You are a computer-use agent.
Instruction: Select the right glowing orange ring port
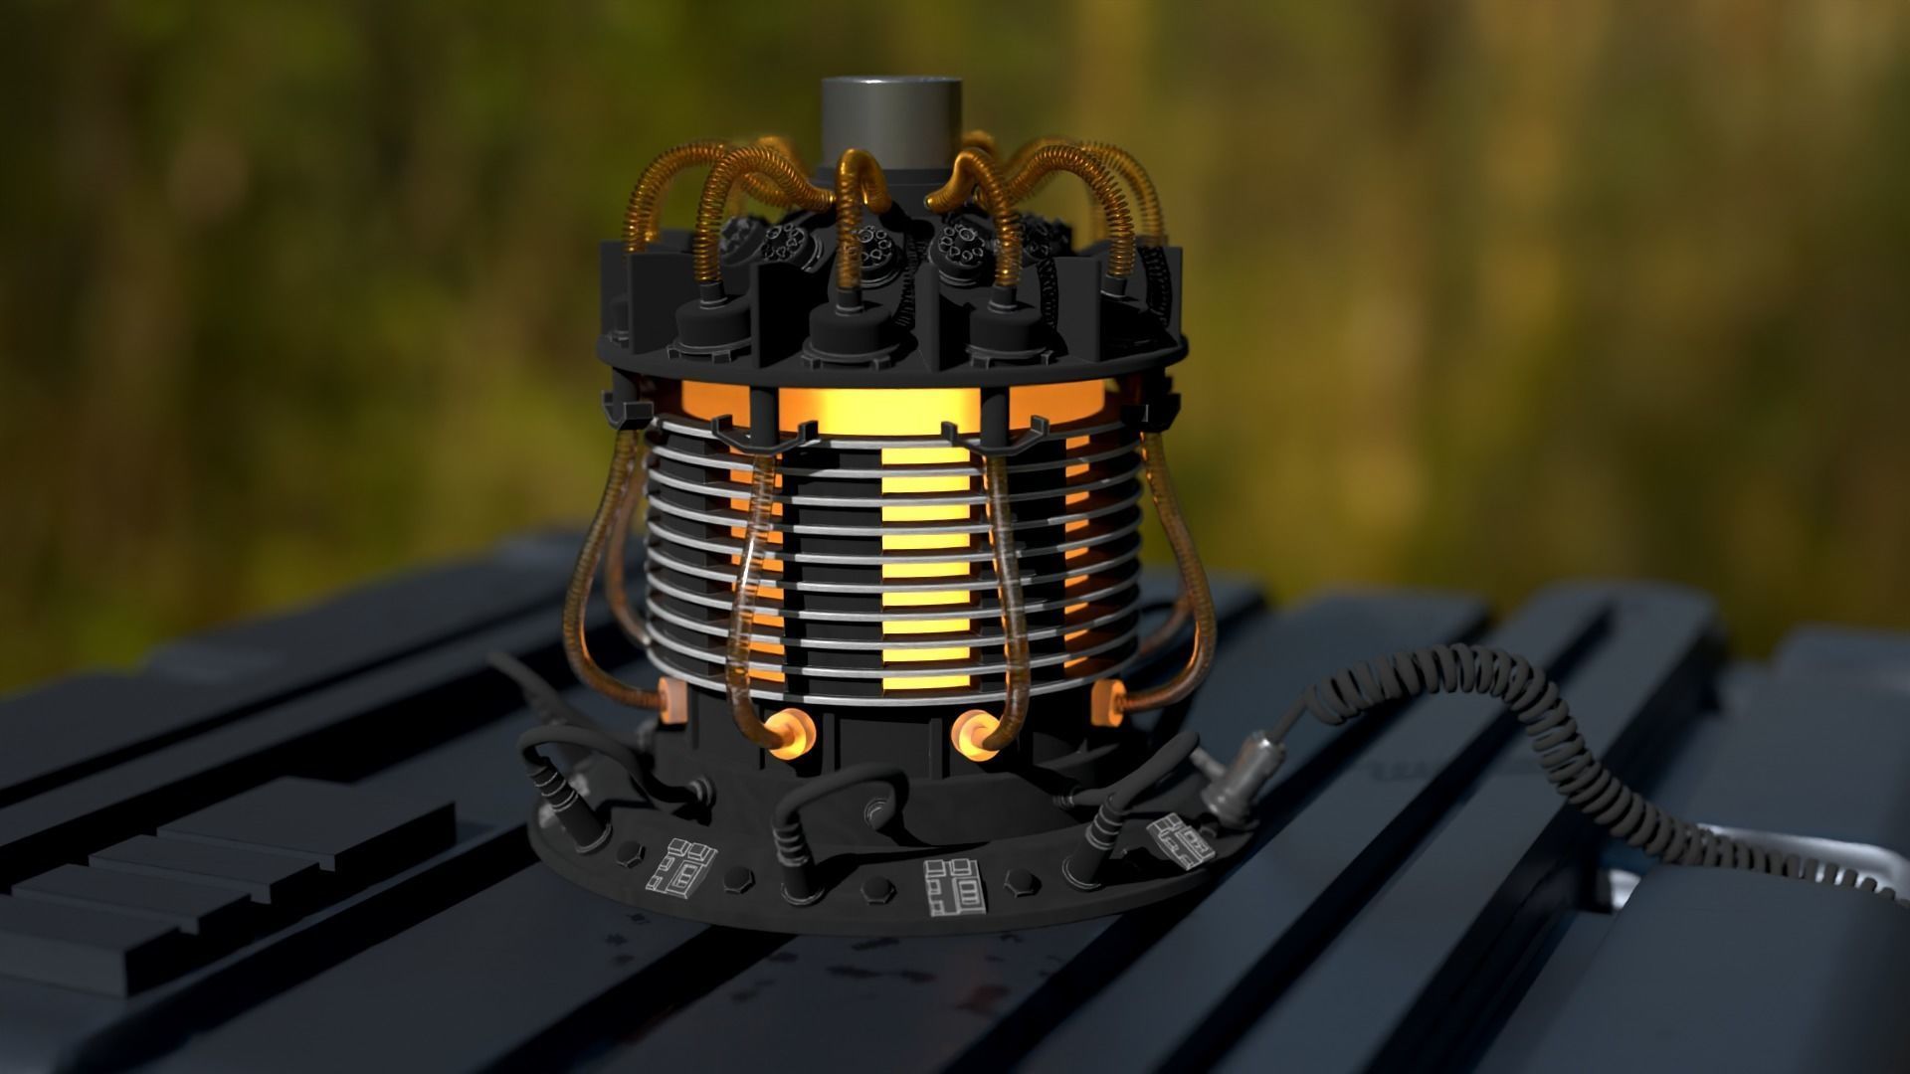[x=974, y=733]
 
